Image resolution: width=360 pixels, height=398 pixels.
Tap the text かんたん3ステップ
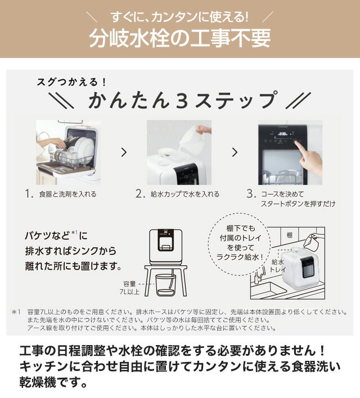coord(182,101)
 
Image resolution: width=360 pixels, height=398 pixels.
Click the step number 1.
coord(29,194)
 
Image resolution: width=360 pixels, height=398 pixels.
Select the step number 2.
coord(140,194)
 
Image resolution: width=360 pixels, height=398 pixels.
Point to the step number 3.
coord(251,194)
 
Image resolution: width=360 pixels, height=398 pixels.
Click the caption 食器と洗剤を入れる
coord(67,194)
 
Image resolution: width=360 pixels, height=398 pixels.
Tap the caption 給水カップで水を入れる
coord(185,194)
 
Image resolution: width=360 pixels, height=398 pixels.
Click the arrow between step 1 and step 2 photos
coord(124,153)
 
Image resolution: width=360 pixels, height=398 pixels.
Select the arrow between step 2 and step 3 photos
coord(235,153)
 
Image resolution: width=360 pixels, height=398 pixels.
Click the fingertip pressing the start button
coord(296,143)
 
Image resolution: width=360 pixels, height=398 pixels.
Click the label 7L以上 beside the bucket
coord(129,292)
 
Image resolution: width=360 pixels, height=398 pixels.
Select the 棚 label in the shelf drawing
coord(290,235)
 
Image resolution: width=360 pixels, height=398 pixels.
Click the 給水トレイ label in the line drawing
coord(278,266)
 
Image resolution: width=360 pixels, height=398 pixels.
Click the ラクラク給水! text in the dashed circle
coord(240,257)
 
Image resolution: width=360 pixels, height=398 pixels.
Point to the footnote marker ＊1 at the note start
coord(16,312)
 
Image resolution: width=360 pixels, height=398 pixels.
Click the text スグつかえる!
coord(71,82)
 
